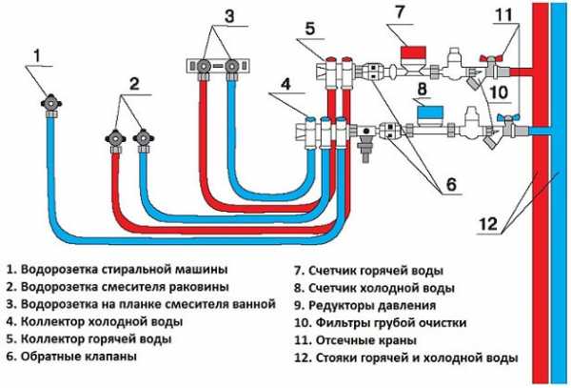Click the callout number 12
pyautogui.click(x=488, y=224)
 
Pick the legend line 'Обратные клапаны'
pyautogui.click(x=77, y=357)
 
